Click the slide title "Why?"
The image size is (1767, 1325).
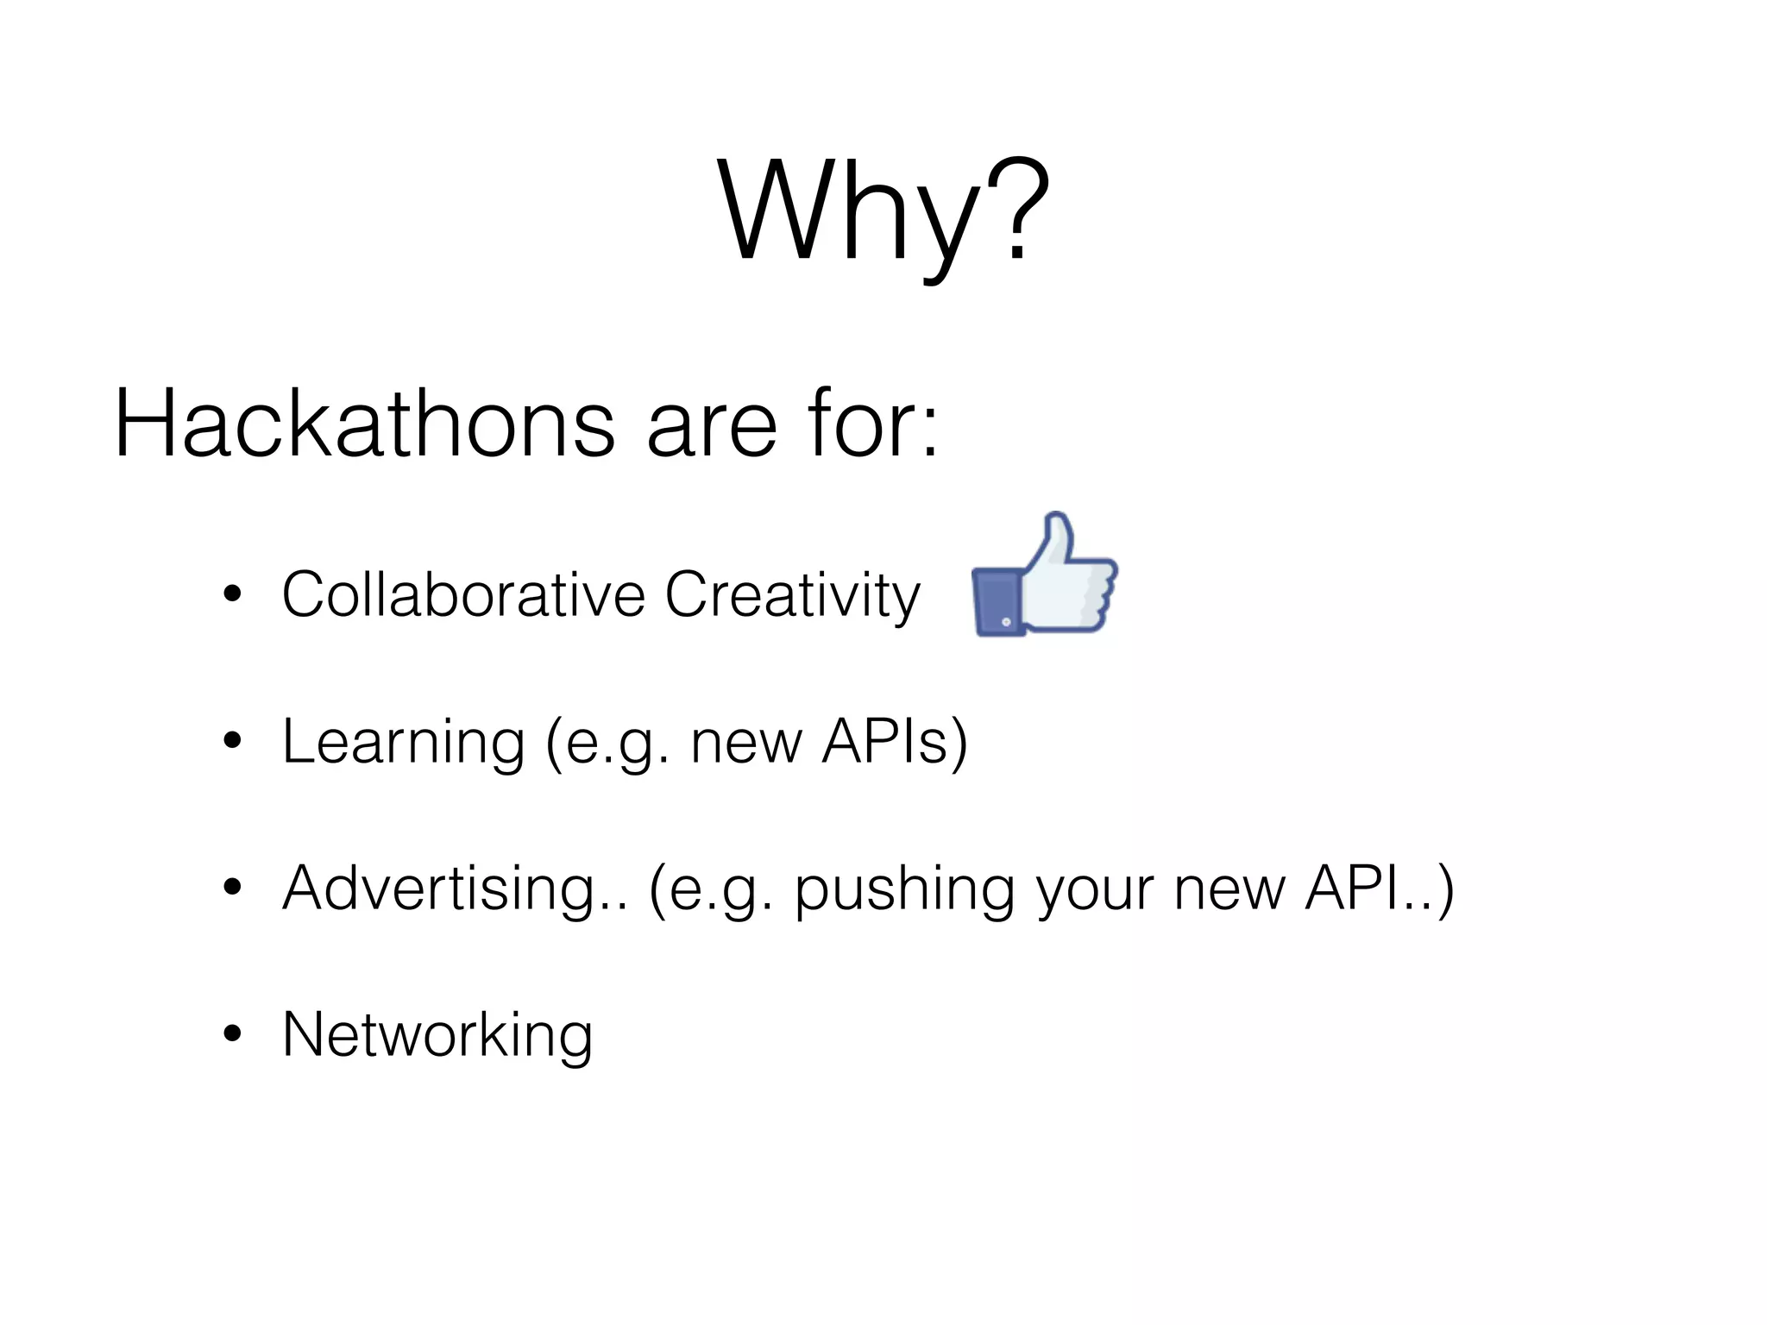[883, 211]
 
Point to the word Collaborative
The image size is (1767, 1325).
[463, 594]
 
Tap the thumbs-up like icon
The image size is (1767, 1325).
[1044, 576]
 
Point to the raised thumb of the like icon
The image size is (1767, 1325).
[1057, 539]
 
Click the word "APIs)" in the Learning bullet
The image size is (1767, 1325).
[895, 742]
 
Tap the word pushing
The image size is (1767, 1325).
[904, 892]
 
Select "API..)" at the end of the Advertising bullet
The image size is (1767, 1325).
[1379, 889]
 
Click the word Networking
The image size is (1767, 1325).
[437, 1035]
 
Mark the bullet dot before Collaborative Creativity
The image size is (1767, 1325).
[232, 594]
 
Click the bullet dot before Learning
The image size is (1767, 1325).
[232, 741]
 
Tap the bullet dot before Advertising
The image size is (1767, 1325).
[232, 888]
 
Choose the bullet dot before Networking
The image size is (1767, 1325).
[232, 1034]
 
